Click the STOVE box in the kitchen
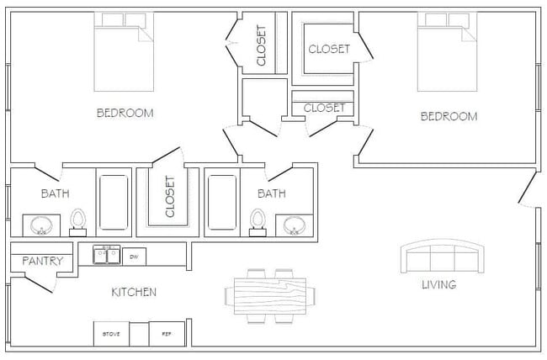[x=111, y=334]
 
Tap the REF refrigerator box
[x=167, y=334]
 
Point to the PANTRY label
[x=42, y=261]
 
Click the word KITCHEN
[x=134, y=293]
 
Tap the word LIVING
[x=438, y=284]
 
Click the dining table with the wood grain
[x=271, y=296]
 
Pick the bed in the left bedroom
[x=123, y=55]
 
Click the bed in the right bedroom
[x=447, y=55]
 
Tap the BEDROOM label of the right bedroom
[x=449, y=116]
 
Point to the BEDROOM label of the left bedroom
[x=125, y=113]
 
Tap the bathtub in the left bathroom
[x=114, y=202]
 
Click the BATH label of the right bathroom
[x=271, y=193]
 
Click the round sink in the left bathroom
[x=40, y=225]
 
